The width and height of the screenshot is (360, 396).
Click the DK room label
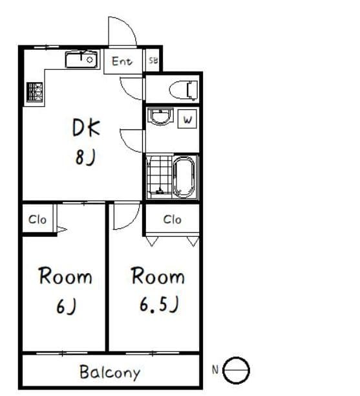[x=86, y=127]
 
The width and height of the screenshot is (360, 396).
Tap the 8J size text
[x=85, y=157]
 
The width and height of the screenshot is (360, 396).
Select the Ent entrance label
[x=122, y=61]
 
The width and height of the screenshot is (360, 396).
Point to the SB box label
[x=153, y=60]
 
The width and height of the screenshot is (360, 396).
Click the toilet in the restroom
[x=184, y=90]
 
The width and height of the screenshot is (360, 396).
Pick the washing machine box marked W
[x=187, y=118]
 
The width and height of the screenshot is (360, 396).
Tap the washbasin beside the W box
[x=160, y=116]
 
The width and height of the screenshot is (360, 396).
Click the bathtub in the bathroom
[x=184, y=177]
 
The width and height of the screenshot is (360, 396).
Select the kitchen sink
[x=81, y=60]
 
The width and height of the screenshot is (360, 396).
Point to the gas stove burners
[x=34, y=92]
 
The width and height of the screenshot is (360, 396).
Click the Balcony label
[x=110, y=372]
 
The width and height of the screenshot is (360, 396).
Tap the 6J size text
[x=66, y=306]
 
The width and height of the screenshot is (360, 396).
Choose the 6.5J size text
[x=160, y=304]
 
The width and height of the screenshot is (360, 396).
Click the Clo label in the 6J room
[x=37, y=219]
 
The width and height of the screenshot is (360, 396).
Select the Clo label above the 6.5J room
[x=173, y=219]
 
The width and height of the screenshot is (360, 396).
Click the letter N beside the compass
[x=215, y=370]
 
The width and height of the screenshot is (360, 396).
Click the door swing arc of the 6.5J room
[x=134, y=220]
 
